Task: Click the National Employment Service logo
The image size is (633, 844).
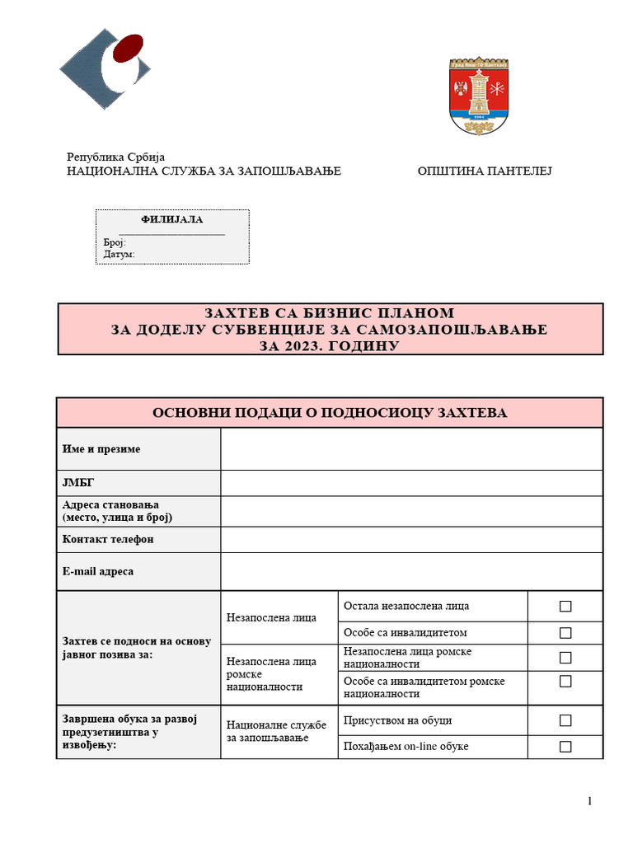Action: [104, 70]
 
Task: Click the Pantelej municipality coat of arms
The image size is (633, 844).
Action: [479, 96]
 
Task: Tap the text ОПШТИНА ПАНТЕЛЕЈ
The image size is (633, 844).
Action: [484, 171]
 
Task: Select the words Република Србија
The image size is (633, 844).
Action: [115, 157]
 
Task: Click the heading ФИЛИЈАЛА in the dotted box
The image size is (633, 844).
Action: [172, 219]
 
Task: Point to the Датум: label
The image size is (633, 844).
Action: [119, 254]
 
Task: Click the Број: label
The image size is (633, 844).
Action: [114, 242]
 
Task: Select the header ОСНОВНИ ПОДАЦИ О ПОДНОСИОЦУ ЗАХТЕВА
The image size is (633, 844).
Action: [330, 412]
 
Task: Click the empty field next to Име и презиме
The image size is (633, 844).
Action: [411, 449]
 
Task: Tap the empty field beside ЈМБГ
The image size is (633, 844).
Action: [411, 483]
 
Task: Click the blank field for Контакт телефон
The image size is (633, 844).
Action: [411, 539]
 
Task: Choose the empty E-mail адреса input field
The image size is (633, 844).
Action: [411, 571]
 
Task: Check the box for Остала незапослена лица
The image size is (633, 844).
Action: [565, 607]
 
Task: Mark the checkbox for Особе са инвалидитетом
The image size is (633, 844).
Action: [565, 633]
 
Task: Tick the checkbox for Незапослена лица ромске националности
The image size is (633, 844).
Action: [565, 658]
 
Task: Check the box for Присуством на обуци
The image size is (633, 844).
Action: [565, 720]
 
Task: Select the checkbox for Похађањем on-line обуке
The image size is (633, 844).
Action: [565, 747]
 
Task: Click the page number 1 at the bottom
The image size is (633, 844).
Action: [590, 801]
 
